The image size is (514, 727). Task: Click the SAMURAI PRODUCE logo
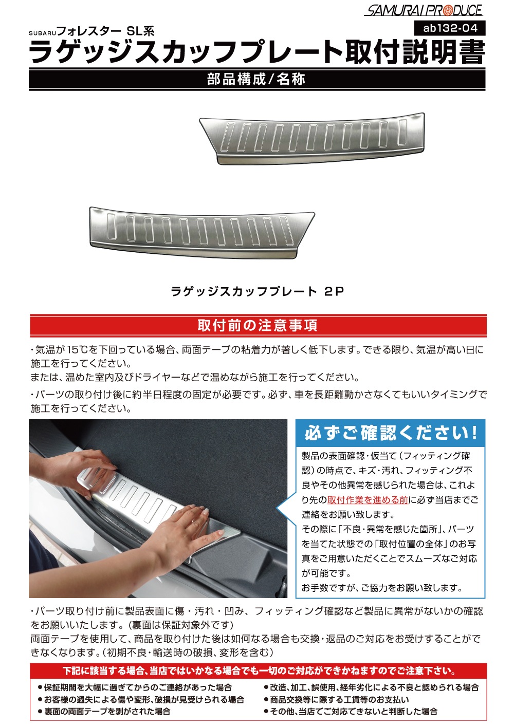423,10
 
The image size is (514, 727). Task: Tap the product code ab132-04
450,28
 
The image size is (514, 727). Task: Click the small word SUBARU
41,33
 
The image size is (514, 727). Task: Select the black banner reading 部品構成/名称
256,79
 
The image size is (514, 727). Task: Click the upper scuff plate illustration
313,138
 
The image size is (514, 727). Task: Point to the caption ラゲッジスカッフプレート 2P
257,291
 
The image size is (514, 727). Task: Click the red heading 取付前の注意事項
258,326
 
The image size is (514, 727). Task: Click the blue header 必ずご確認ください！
391,433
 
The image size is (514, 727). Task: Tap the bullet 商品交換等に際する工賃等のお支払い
339,700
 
